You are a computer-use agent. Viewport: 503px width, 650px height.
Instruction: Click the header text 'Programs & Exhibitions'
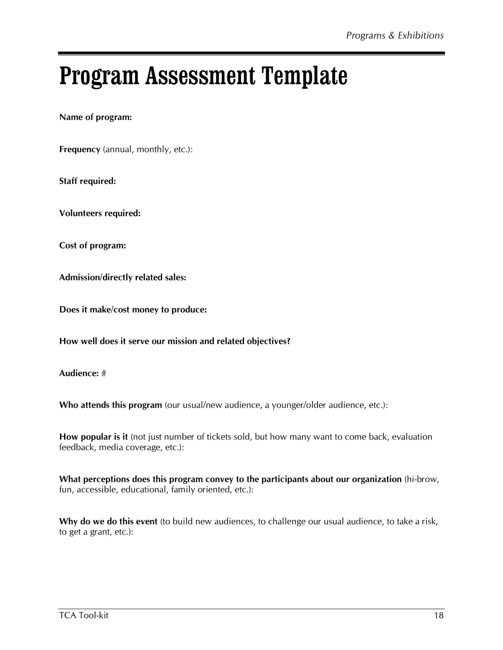394,36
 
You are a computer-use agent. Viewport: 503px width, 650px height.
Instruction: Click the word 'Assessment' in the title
200,76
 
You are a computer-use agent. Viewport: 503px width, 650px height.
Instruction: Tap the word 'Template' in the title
304,76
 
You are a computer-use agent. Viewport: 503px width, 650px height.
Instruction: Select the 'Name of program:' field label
95,117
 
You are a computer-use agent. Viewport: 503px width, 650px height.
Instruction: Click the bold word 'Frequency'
80,149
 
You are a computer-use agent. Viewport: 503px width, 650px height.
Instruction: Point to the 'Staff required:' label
87,181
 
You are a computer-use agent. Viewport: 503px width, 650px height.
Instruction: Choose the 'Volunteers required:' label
100,213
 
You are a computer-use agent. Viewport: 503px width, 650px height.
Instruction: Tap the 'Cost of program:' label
92,246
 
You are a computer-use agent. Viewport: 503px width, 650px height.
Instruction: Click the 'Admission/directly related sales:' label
122,277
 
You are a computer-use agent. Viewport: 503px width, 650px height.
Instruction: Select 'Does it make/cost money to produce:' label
133,310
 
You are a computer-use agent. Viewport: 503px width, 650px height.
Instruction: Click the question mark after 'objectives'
288,341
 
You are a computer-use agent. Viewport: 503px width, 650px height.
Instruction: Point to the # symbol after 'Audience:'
103,373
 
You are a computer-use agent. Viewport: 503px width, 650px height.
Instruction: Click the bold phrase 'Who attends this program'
110,405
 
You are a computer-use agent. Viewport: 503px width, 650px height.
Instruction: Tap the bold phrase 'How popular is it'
93,437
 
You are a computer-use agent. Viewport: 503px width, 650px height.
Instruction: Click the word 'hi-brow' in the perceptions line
423,479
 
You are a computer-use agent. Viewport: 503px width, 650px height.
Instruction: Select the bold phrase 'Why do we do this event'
108,521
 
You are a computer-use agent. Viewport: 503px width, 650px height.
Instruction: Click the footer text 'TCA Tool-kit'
84,615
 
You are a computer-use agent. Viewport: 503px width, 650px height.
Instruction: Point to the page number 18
438,615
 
